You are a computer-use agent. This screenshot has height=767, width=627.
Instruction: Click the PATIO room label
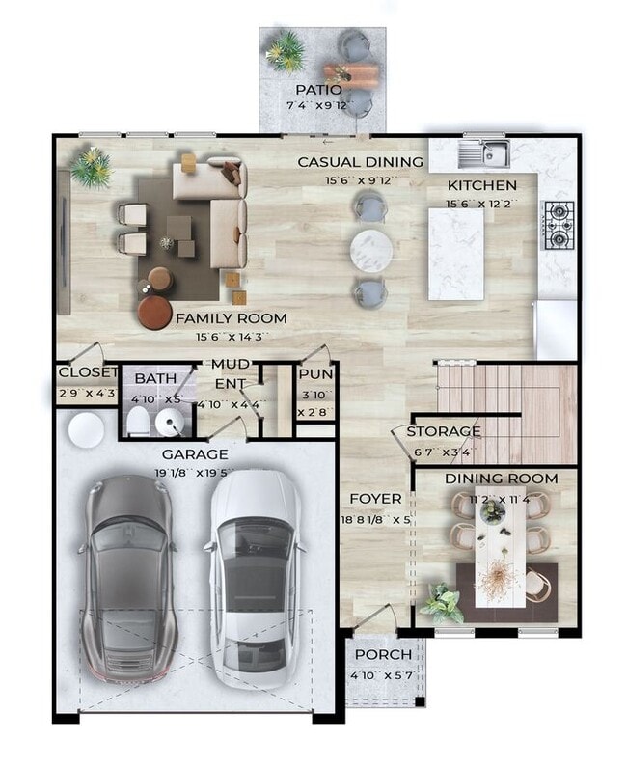[319, 90]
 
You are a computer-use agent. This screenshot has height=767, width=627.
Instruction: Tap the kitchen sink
[484, 152]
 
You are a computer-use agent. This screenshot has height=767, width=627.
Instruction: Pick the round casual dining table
[372, 250]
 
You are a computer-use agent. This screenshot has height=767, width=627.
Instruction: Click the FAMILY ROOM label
[231, 317]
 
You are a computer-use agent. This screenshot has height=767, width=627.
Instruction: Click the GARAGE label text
[195, 453]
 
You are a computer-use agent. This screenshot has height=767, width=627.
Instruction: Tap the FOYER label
[374, 498]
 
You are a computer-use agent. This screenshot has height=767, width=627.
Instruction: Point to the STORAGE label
[443, 431]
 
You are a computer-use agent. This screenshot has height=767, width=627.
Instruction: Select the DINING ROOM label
[501, 479]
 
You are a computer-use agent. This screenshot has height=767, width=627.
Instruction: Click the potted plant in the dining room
[441, 603]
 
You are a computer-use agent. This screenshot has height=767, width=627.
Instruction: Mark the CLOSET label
[87, 373]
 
